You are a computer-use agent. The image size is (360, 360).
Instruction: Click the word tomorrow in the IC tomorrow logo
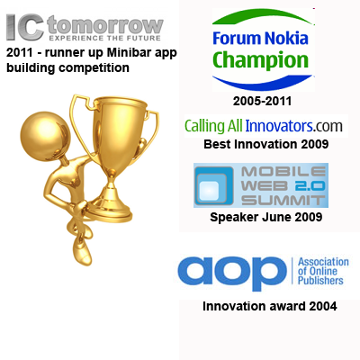[105, 26]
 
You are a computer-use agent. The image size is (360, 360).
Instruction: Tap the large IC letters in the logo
[26, 27]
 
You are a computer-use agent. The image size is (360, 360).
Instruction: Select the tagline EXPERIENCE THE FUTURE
[105, 39]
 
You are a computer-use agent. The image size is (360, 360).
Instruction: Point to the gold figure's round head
[44, 137]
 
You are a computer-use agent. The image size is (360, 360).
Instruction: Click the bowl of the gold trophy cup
[120, 126]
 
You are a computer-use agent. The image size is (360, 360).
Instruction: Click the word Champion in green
[260, 59]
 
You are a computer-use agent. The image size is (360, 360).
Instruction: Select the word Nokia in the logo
[286, 39]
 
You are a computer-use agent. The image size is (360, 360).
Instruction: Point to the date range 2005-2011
[262, 101]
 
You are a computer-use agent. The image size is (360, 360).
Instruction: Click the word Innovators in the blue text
[279, 126]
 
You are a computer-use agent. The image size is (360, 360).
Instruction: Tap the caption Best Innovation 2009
[266, 144]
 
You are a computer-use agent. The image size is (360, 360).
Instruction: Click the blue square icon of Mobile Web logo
[214, 185]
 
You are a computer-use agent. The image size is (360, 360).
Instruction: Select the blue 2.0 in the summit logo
[310, 186]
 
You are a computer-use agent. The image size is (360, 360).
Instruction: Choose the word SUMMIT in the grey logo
[283, 200]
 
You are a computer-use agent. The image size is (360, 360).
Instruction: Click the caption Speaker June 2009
[266, 217]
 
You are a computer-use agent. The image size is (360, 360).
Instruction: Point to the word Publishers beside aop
[320, 282]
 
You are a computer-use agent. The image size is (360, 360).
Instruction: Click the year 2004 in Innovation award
[323, 306]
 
